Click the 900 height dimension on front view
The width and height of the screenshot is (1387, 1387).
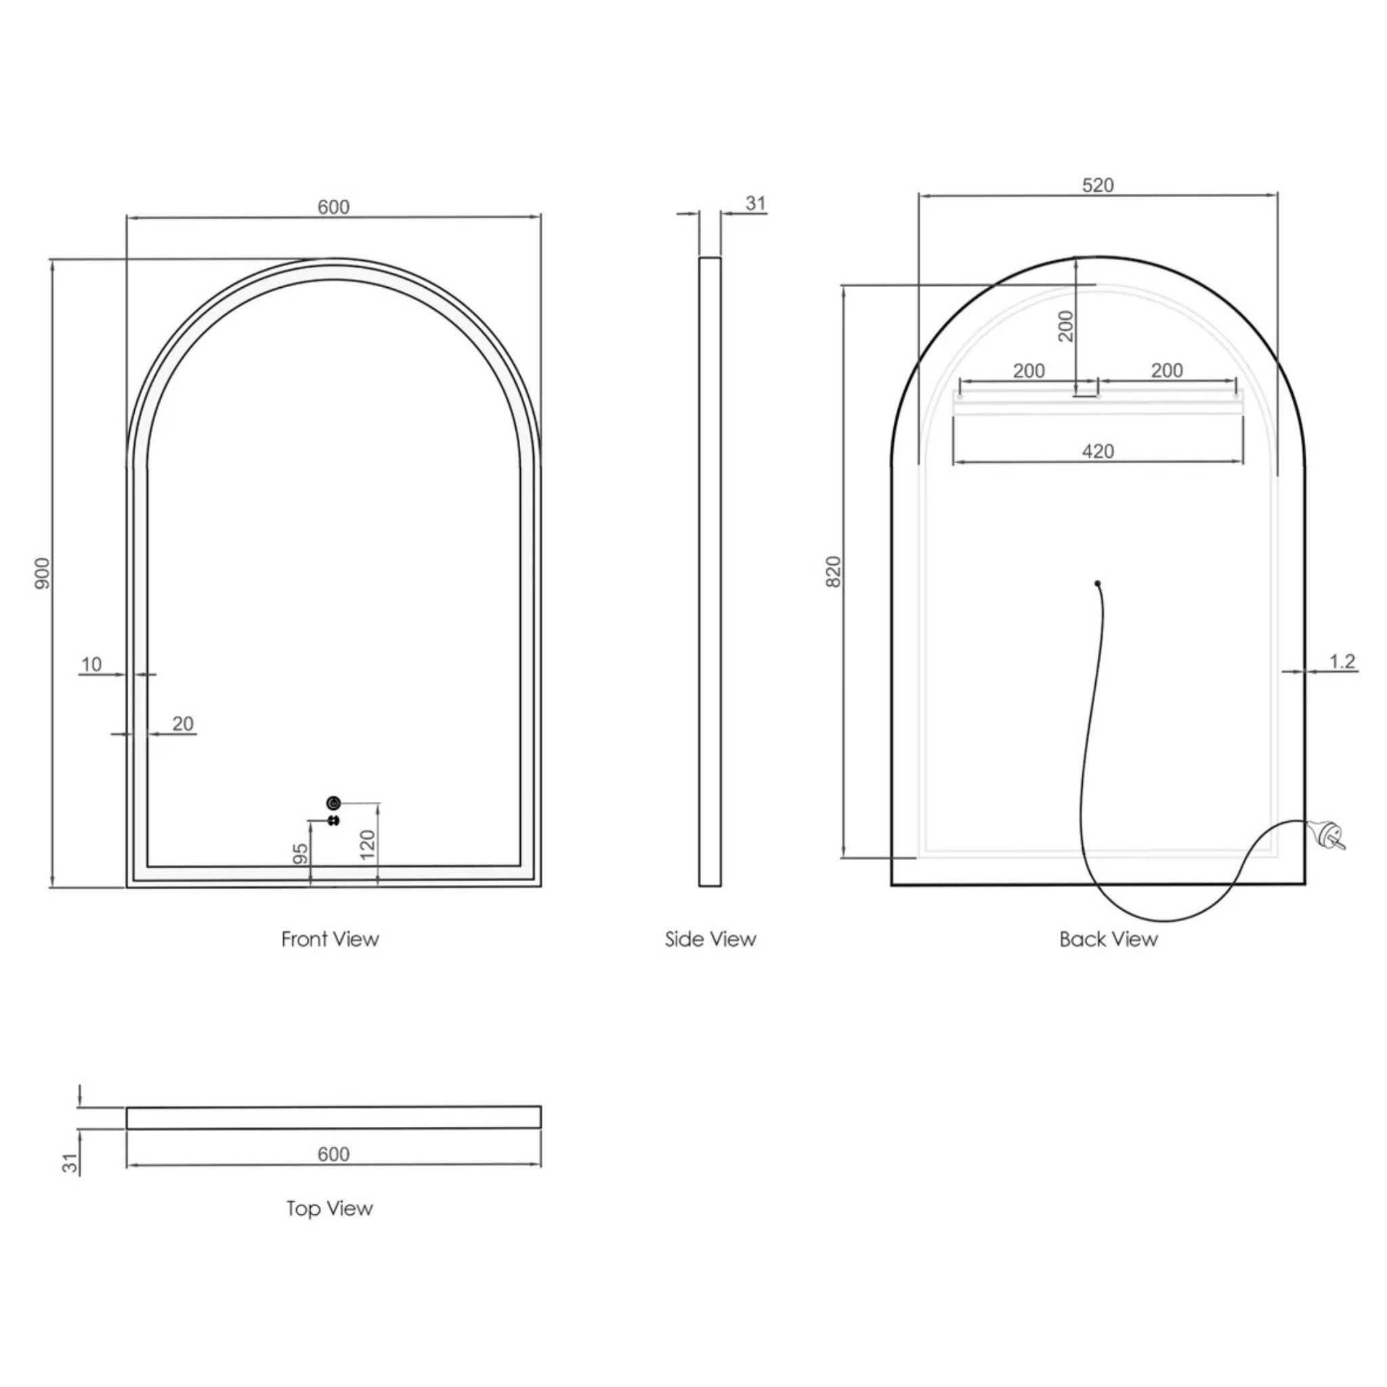point(43,573)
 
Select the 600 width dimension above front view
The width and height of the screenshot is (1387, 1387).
point(333,207)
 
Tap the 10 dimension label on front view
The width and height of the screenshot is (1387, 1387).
point(91,664)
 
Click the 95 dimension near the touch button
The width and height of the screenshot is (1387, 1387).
point(301,853)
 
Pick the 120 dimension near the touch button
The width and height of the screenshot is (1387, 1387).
point(367,845)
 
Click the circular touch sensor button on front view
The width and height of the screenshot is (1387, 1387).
point(333,803)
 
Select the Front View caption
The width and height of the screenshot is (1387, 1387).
point(330,939)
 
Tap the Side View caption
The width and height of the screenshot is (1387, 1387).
point(710,939)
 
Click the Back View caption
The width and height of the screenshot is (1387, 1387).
point(1108,939)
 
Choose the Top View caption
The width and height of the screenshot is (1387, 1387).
point(330,1208)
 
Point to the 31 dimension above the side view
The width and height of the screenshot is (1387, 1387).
point(755,203)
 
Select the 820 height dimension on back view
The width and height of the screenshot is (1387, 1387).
point(833,572)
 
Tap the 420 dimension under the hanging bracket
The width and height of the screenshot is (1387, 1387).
point(1098,452)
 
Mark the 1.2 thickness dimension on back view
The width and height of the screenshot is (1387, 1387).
point(1342,660)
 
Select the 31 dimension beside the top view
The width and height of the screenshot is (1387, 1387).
point(70,1163)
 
